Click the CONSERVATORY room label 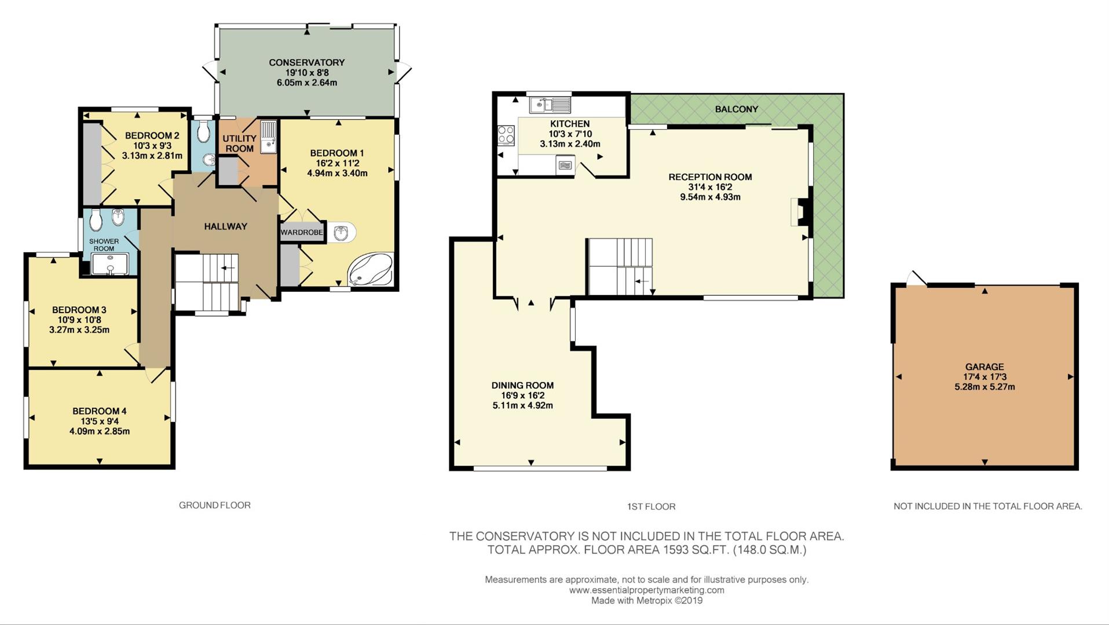point(306,62)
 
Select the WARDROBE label point(302,233)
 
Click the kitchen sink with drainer point(550,105)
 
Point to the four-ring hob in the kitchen point(506,135)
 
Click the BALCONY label point(736,109)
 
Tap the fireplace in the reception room point(799,212)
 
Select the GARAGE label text point(984,367)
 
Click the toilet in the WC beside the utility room point(203,132)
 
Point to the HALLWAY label point(225,227)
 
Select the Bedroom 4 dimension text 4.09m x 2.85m point(100,432)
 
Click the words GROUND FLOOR point(214,505)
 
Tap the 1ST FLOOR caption point(651,507)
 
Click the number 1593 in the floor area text point(676,550)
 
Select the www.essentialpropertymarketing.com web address point(646,590)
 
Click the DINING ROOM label point(522,385)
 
